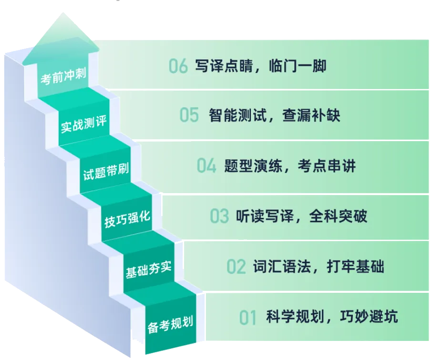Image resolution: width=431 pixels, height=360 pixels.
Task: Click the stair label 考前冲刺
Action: click(63, 77)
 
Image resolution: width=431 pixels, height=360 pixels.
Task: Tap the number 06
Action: click(178, 66)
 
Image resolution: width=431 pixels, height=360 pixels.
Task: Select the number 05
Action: click(189, 115)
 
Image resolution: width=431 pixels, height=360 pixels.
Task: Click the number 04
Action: click(206, 166)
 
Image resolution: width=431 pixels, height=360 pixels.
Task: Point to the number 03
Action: click(219, 216)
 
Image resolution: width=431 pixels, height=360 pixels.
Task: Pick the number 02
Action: click(236, 267)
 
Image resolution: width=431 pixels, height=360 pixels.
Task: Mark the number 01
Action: click(248, 317)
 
